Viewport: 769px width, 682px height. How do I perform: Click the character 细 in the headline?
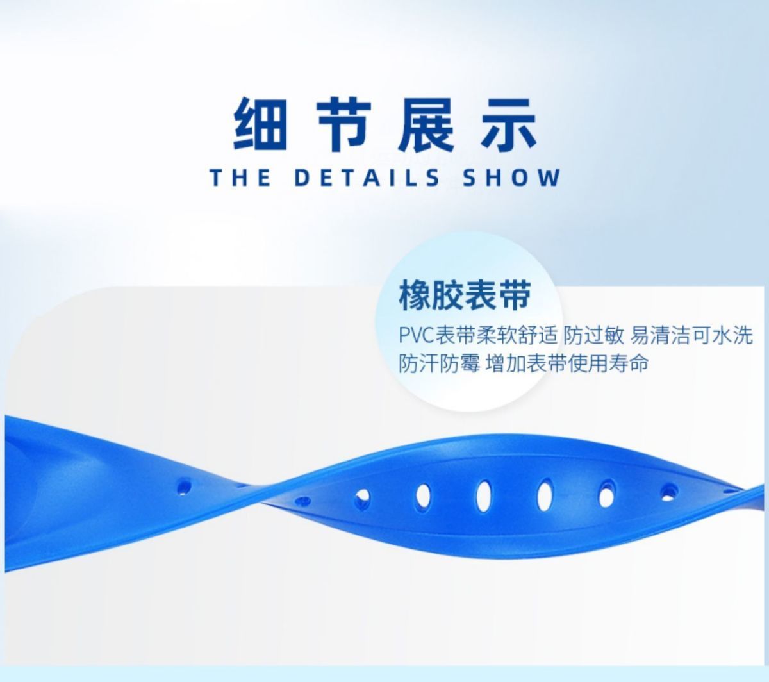(x=260, y=124)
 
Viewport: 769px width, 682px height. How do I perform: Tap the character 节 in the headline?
(x=344, y=124)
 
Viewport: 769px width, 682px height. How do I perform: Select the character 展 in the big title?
(x=426, y=124)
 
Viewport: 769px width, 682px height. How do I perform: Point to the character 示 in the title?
(x=509, y=124)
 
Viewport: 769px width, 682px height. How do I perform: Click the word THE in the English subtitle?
(x=241, y=178)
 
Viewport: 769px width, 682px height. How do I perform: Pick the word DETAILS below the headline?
(x=367, y=178)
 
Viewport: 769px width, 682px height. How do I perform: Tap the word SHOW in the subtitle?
(x=511, y=178)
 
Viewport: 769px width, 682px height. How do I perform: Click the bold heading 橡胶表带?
(x=465, y=295)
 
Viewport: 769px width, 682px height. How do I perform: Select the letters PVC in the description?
(x=417, y=335)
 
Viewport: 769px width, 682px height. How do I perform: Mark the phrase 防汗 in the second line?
(x=418, y=363)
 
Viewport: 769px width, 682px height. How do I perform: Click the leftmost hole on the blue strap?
(x=184, y=487)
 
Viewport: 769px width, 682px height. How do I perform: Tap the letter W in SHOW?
(x=549, y=178)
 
